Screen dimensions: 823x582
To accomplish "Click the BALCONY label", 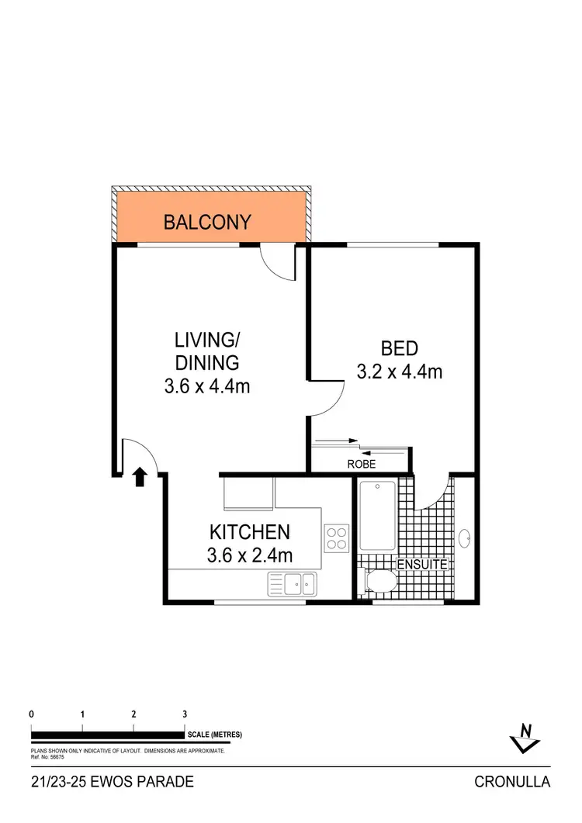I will [x=207, y=223].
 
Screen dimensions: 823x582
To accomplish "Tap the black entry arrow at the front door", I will [x=140, y=476].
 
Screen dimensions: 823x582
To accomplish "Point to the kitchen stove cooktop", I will [x=336, y=538].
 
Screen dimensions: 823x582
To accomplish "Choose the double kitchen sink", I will [x=291, y=583].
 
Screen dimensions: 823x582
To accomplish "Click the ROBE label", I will [x=362, y=465].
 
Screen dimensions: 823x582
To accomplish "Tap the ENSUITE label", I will [x=422, y=565].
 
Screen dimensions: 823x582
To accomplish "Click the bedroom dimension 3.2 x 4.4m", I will [x=400, y=372].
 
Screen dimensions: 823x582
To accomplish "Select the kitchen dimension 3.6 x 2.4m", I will [x=249, y=555].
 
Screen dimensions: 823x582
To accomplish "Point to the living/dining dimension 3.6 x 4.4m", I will [x=207, y=386].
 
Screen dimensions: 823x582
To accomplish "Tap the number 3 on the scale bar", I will [x=185, y=714].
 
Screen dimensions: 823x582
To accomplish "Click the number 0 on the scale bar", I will [x=31, y=714].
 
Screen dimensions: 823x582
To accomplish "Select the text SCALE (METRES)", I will [x=215, y=735].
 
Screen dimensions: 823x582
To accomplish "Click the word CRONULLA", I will [x=512, y=782].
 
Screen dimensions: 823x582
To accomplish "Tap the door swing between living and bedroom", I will [x=326, y=397].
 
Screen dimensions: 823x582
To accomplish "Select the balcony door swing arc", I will [x=278, y=264].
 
